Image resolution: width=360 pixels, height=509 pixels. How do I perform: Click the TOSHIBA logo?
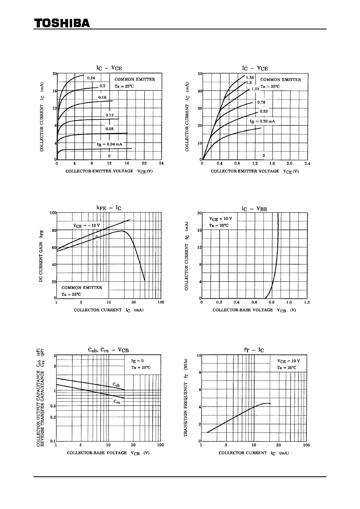click(62, 23)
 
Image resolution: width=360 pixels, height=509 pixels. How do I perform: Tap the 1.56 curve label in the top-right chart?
click(250, 77)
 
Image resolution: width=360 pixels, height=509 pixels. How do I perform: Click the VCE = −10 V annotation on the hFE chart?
click(86, 225)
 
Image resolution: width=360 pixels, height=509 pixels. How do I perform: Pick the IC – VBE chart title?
click(254, 209)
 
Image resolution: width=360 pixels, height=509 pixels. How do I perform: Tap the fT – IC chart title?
click(254, 350)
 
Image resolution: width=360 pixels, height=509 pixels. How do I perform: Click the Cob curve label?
click(116, 385)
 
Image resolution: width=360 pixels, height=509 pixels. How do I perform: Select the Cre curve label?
click(116, 402)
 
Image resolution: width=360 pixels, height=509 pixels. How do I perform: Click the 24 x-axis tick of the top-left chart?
click(161, 164)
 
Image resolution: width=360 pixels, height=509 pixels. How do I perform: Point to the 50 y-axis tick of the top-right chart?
click(200, 74)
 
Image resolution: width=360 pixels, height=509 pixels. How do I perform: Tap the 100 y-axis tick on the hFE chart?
click(53, 213)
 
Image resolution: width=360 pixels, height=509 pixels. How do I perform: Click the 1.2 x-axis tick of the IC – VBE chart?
click(307, 302)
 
